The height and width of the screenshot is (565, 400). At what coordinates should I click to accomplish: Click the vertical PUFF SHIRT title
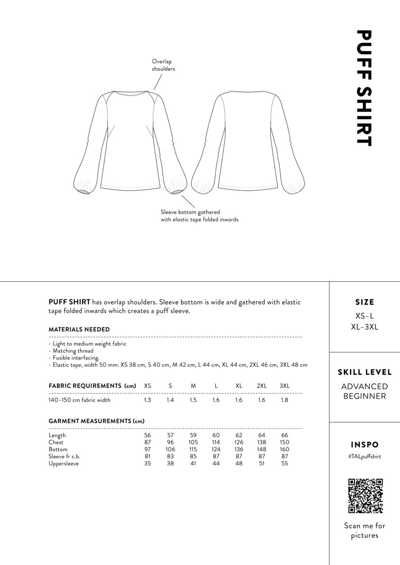click(x=363, y=88)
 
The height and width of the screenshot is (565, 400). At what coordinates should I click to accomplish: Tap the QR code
click(x=365, y=496)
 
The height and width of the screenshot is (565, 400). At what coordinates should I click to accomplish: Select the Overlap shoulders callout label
click(x=164, y=65)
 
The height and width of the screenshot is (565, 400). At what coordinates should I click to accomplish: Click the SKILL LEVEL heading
click(x=365, y=372)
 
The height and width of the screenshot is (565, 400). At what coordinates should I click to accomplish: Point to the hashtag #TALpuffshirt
click(x=365, y=456)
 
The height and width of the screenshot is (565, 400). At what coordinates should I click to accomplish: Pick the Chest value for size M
click(x=193, y=442)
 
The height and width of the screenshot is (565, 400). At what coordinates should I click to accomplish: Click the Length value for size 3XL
click(x=285, y=435)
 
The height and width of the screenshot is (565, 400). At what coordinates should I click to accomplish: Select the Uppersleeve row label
click(x=64, y=463)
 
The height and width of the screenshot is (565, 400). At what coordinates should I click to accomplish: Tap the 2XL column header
click(x=262, y=386)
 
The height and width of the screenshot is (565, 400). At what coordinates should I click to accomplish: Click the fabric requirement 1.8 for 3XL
click(x=285, y=400)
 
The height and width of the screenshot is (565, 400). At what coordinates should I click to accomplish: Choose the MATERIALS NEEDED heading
click(x=79, y=329)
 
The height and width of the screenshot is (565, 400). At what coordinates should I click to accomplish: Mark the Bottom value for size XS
click(x=147, y=449)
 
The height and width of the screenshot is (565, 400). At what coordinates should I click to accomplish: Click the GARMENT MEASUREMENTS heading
click(x=96, y=421)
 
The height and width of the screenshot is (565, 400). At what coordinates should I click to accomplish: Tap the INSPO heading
click(x=365, y=444)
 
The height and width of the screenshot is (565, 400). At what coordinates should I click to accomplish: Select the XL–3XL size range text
click(x=365, y=327)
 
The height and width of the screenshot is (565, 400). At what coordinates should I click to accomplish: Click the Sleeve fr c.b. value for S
click(x=170, y=456)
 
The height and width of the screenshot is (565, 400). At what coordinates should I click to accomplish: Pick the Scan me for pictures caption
click(x=365, y=531)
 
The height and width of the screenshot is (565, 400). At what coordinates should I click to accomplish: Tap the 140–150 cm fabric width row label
click(x=80, y=400)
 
